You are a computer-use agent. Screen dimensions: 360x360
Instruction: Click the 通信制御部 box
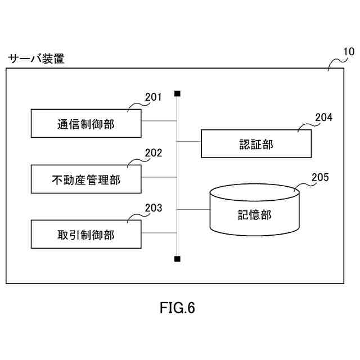(85, 124)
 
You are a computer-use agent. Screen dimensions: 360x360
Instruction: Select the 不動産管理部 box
(85, 179)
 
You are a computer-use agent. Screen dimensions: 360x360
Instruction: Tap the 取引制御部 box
(85, 235)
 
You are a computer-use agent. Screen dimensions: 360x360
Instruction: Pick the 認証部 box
(256, 144)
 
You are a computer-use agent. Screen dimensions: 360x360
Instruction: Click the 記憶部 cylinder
(254, 214)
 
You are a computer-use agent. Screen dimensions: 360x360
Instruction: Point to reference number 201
(153, 97)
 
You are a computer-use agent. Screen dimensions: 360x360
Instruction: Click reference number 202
(153, 152)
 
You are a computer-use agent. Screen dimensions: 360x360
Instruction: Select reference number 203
(153, 208)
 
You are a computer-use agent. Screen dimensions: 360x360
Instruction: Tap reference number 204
(323, 118)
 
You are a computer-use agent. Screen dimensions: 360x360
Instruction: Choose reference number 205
(320, 178)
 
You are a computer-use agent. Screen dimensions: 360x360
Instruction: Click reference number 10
(348, 52)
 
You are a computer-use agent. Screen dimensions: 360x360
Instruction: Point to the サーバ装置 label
(36, 58)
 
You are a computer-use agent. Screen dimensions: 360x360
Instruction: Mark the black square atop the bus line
(177, 93)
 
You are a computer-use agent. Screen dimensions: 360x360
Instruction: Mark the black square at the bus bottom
(177, 259)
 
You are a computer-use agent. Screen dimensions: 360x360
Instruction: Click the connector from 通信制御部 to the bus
(159, 120)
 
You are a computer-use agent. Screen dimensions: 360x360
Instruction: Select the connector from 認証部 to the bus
(189, 141)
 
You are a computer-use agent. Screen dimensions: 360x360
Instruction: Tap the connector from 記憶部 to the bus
(193, 210)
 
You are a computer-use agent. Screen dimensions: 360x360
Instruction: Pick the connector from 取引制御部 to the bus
(159, 232)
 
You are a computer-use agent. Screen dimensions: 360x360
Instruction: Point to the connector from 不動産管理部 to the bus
(159, 177)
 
